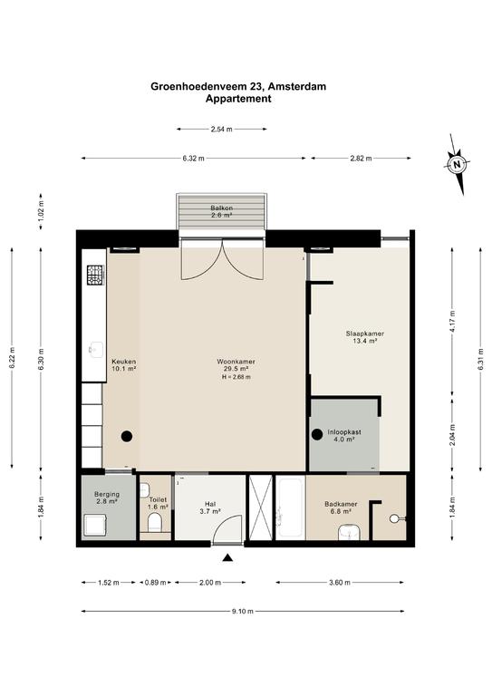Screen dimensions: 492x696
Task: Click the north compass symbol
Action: tap(457, 165)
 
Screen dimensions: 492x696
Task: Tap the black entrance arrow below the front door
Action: tap(227, 558)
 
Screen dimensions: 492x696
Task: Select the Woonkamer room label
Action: tap(236, 362)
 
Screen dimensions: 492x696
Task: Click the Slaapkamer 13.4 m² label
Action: tap(364, 337)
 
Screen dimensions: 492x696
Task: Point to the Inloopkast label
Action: tap(344, 432)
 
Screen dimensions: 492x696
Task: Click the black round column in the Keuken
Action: tap(127, 436)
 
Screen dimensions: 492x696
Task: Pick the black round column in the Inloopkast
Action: tap(317, 435)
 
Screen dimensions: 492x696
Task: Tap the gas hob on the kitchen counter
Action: tap(95, 275)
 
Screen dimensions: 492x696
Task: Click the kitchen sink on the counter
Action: tap(96, 349)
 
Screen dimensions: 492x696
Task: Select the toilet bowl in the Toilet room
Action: tap(154, 522)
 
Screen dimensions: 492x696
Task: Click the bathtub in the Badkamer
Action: tap(291, 507)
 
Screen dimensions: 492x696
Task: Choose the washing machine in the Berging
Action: tap(95, 525)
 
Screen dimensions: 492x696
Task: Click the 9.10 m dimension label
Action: tap(243, 611)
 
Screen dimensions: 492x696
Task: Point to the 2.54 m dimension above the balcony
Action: tap(221, 130)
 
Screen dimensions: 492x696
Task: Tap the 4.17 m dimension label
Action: tap(452, 322)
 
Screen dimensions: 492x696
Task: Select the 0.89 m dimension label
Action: tap(155, 583)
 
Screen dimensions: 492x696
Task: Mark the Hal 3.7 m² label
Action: tap(210, 507)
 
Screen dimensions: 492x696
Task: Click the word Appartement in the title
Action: tap(238, 99)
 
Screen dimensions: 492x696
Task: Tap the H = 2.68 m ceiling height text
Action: tap(236, 377)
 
